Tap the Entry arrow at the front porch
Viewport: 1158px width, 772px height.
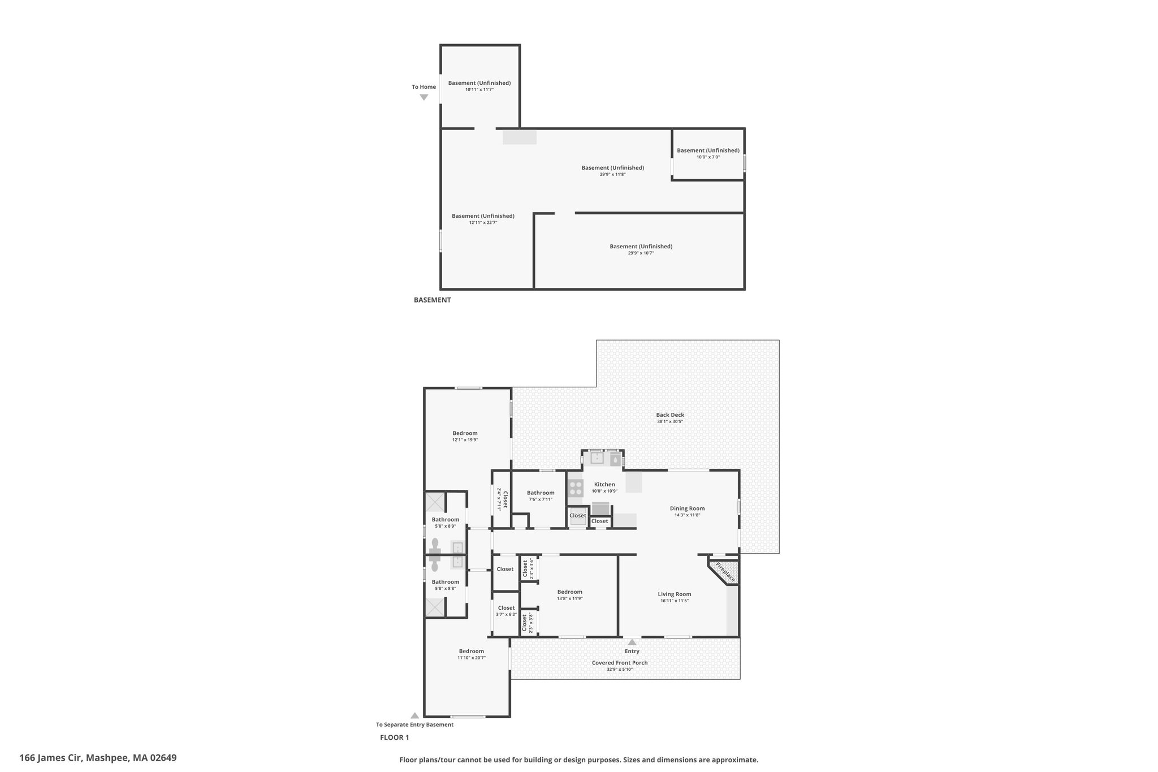click(x=632, y=642)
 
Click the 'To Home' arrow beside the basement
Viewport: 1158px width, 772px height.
click(x=424, y=97)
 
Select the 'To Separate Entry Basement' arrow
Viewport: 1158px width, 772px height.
click(x=414, y=715)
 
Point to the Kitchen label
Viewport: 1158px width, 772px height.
click(x=604, y=484)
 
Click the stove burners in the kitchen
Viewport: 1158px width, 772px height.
click(x=576, y=488)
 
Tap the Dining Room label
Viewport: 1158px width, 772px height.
click(x=687, y=508)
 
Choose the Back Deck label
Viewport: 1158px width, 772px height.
click(x=670, y=415)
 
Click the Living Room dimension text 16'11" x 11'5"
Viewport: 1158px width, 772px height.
click(x=675, y=601)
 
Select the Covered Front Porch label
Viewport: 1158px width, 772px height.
click(x=620, y=662)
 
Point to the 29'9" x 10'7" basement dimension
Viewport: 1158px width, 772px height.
click(x=641, y=253)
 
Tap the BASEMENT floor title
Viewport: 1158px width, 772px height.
click(x=432, y=300)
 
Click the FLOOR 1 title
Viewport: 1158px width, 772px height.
click(x=394, y=737)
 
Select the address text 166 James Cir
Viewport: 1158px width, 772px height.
click(x=51, y=757)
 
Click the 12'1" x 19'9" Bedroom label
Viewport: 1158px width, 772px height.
click(x=465, y=436)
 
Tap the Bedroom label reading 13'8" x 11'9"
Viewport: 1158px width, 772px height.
click(x=569, y=595)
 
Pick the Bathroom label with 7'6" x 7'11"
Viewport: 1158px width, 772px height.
click(x=541, y=495)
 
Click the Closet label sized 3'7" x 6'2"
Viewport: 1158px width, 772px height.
click(x=506, y=611)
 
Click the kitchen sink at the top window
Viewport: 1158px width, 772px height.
click(x=597, y=458)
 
